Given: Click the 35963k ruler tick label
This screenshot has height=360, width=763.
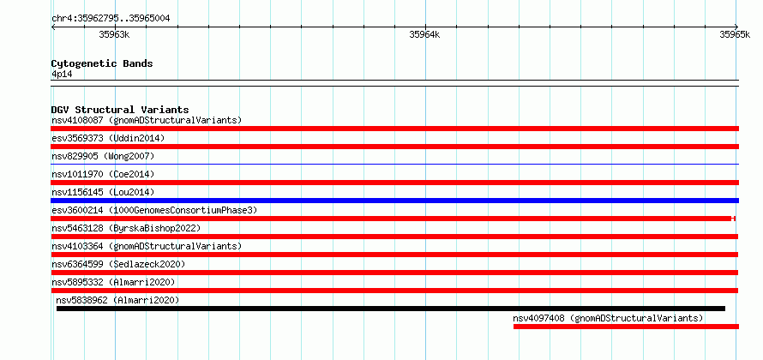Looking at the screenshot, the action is point(114,34).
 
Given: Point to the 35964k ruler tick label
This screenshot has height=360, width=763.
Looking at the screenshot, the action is point(425,34).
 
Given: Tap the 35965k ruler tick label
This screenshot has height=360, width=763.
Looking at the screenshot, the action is point(735,34).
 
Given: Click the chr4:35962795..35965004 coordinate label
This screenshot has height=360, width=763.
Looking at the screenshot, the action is point(111,19).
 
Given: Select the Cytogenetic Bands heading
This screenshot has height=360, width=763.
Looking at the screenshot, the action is point(102,63).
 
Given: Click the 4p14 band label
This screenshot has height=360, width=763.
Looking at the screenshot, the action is point(62,74).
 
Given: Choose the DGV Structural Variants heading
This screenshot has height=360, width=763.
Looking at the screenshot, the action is point(120,110).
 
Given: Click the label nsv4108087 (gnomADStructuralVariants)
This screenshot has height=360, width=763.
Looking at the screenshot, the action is point(147,120).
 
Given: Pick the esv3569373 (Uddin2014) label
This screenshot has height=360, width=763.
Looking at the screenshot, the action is point(108,138).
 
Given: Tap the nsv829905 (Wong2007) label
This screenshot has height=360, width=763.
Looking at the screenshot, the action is point(103,156).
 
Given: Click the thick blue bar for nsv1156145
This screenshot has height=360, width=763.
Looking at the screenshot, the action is point(395,201).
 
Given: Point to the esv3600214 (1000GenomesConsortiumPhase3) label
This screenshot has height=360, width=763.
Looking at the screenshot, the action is point(154,210).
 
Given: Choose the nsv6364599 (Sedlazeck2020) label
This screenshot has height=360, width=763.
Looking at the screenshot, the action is point(118,264).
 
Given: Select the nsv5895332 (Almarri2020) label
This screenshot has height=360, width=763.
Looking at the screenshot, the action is point(113,282).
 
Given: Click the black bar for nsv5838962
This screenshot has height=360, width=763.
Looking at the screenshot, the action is point(391,309).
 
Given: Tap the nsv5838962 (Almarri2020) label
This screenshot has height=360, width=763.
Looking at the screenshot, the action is point(117,300).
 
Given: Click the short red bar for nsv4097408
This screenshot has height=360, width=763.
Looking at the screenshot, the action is point(627,327).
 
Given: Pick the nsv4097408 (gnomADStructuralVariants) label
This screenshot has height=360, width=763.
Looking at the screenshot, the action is point(608,318).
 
